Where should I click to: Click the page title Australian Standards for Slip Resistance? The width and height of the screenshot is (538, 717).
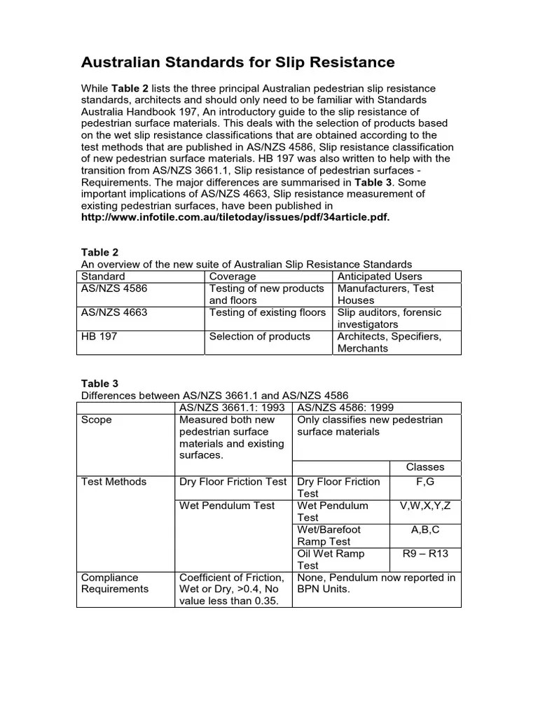(238, 63)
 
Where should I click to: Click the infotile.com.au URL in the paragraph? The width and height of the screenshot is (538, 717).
(235, 218)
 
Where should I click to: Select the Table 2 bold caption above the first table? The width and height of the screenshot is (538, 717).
(95, 252)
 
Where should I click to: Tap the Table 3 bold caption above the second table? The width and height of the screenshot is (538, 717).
(95, 383)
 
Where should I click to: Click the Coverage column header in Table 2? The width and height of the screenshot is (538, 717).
(233, 277)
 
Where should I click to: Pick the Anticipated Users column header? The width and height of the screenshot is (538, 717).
(380, 277)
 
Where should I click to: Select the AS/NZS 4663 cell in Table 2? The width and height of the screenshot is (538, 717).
(115, 312)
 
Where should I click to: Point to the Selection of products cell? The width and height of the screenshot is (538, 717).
(259, 337)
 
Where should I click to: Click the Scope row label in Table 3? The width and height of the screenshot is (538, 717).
(97, 420)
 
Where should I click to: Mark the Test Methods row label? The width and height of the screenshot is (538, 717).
(114, 482)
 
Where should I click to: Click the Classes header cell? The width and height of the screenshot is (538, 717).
(425, 467)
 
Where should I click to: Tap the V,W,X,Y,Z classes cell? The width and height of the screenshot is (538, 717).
(425, 506)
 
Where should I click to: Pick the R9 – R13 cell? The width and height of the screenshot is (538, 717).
(425, 554)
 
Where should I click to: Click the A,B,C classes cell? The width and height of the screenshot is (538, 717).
(425, 530)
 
